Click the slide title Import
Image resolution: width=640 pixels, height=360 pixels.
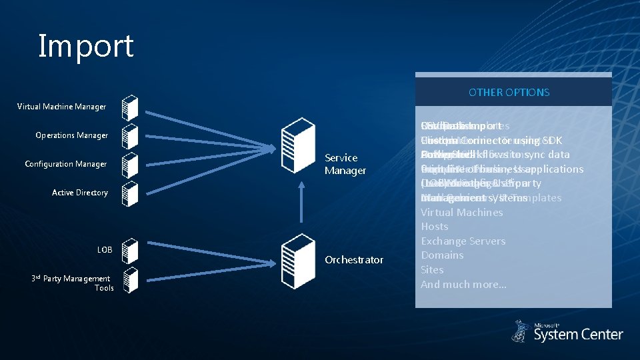click(x=86, y=46)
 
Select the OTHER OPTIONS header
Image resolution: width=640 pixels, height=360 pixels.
click(x=509, y=92)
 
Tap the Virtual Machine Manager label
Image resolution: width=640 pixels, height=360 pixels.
click(x=61, y=107)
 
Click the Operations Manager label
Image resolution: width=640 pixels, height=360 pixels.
click(x=71, y=135)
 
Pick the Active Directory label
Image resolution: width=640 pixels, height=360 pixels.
click(x=80, y=193)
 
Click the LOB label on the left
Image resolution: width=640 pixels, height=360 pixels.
click(x=105, y=250)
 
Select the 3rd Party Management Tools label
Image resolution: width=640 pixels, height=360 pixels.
click(x=78, y=283)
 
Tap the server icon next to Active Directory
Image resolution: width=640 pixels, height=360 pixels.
click(x=131, y=193)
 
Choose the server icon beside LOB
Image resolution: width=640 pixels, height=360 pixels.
click(x=131, y=251)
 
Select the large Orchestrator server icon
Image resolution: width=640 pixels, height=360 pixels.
click(x=297, y=251)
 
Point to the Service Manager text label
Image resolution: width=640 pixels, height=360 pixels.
click(x=345, y=164)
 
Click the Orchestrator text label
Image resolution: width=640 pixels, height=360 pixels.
click(x=353, y=260)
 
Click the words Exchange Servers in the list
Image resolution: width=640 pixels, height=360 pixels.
click(x=463, y=241)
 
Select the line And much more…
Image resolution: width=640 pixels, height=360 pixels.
click(x=463, y=284)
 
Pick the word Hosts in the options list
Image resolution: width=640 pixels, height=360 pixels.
click(x=435, y=227)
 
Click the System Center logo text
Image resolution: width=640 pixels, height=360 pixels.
click(x=578, y=334)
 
